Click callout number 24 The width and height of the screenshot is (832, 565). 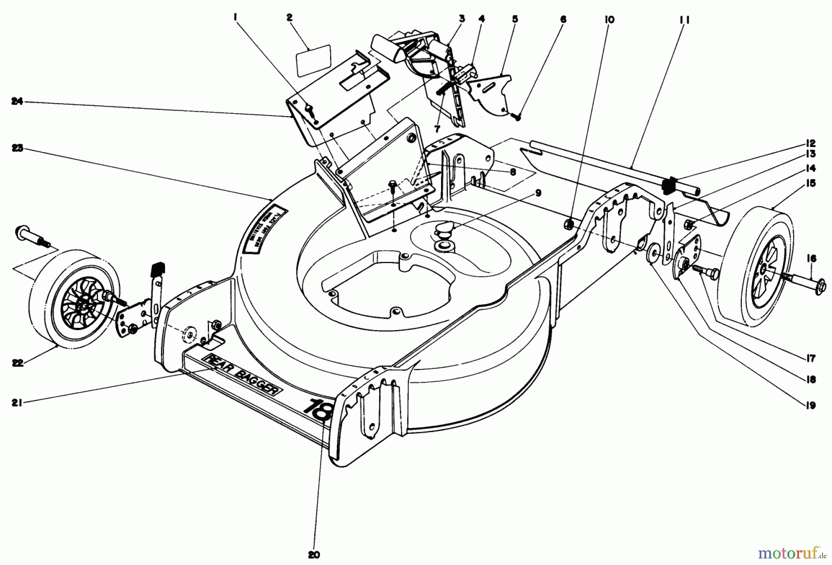(x=17, y=102)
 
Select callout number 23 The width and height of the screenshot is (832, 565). (x=17, y=149)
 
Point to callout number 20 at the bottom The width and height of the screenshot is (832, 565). (x=314, y=554)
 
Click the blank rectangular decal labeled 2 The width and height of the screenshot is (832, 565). (x=314, y=60)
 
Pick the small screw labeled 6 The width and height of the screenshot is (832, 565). (x=518, y=117)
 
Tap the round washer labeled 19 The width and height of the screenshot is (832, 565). (x=654, y=252)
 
